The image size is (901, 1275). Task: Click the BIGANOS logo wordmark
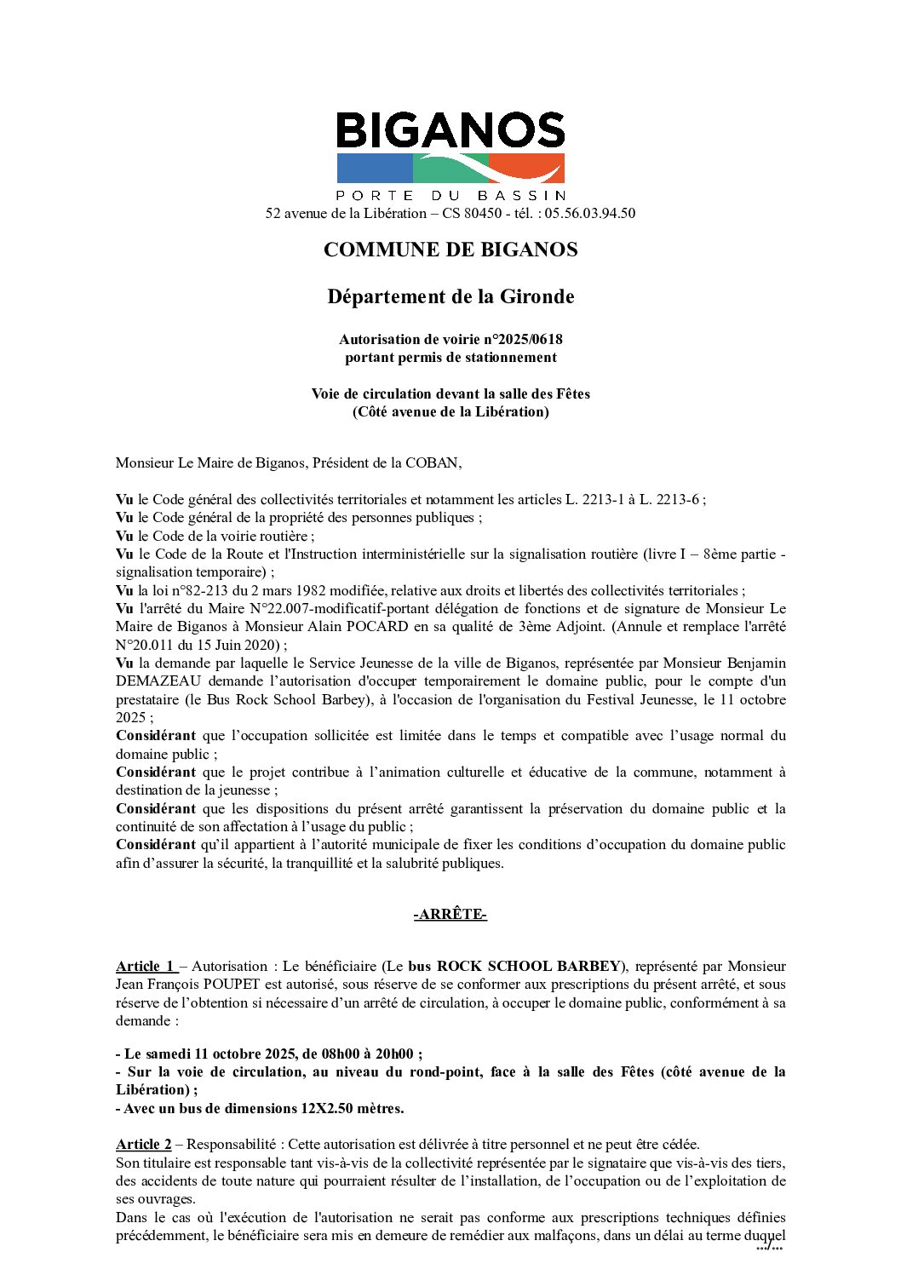tap(450, 130)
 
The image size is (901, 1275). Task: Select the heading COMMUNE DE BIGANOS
tap(450, 250)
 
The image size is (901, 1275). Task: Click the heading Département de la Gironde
tap(450, 296)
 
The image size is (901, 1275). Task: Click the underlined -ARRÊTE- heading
tap(450, 915)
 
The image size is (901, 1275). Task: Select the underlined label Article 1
tap(146, 966)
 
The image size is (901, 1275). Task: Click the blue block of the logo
tap(375, 168)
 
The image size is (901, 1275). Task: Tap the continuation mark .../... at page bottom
tap(769, 1248)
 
